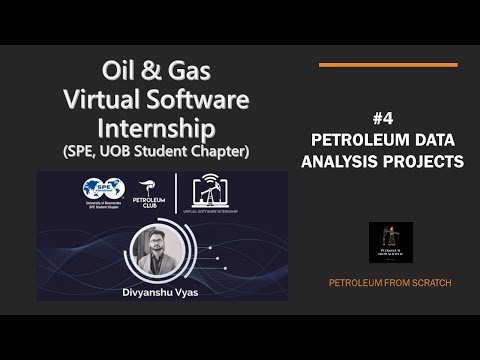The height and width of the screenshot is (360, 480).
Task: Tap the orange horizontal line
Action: pyautogui.click(x=387, y=65)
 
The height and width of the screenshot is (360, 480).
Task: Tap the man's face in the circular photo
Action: pyautogui.click(x=160, y=245)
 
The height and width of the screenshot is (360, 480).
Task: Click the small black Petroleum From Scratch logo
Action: pyautogui.click(x=390, y=243)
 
